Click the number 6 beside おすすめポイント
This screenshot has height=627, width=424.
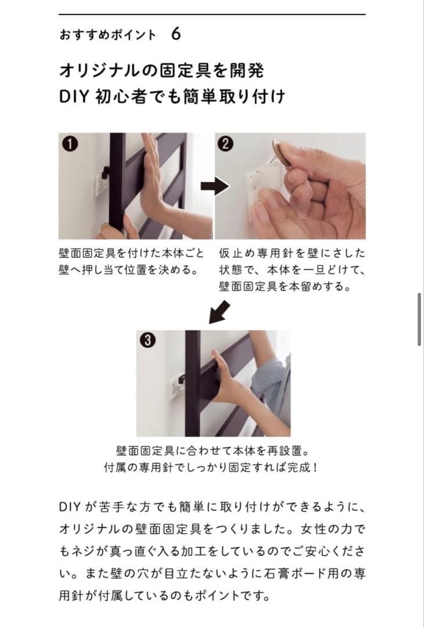click(176, 34)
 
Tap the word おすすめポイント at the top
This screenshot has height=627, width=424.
click(107, 35)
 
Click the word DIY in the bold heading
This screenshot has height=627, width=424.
click(73, 96)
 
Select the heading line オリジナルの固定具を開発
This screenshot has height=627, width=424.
click(162, 71)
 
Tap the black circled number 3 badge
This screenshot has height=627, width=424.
click(148, 341)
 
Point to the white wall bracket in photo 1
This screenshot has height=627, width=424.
click(99, 181)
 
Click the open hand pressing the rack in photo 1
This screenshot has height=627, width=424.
click(151, 174)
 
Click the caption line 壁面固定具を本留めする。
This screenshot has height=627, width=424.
click(285, 287)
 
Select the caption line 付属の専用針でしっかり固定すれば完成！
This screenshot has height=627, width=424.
click(211, 467)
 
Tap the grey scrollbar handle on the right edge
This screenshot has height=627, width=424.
click(419, 319)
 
